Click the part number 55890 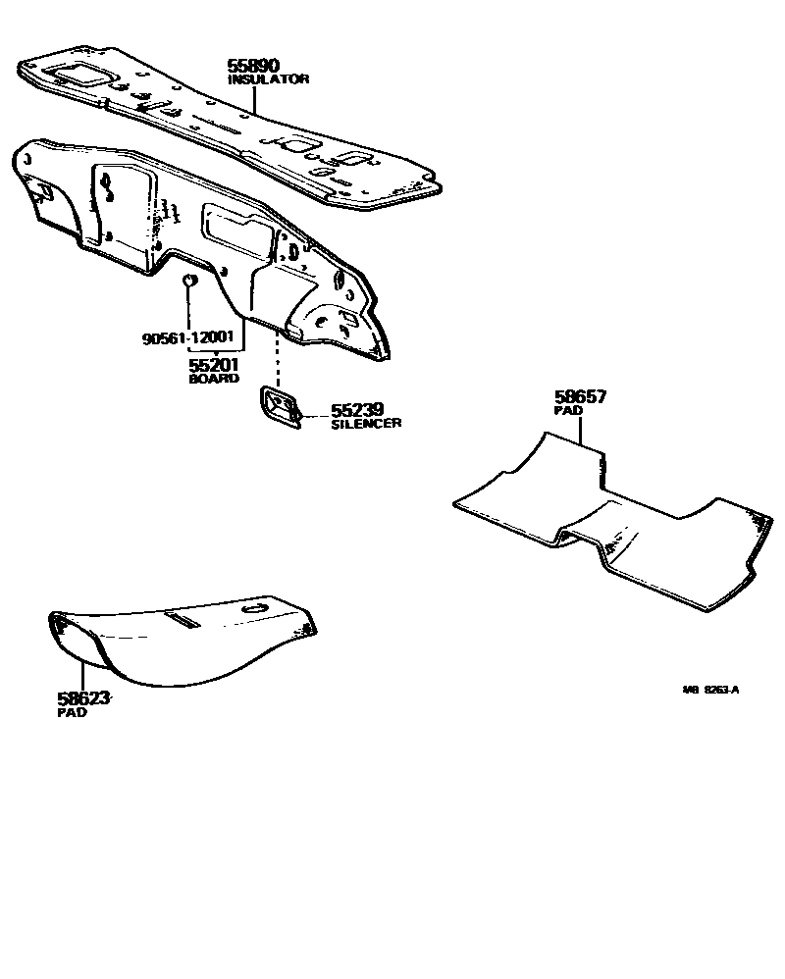(253, 66)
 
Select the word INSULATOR (268, 78)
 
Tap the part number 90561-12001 (187, 339)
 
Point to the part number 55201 (214, 365)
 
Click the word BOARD (214, 378)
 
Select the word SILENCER (365, 423)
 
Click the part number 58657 (580, 398)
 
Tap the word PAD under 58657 (568, 412)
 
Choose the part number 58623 (82, 699)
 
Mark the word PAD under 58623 (72, 713)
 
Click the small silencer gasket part (281, 407)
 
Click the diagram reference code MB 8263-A (710, 690)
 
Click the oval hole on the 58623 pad (254, 609)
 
